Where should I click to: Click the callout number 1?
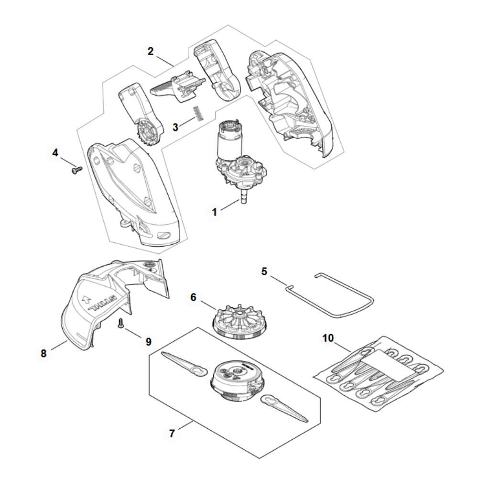pos(215,212)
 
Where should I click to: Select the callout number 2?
pos(150,51)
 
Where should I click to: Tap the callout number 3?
pos(175,127)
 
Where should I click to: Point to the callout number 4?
pos(55,153)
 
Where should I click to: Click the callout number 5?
pos(264,271)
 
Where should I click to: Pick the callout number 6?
pos(193,297)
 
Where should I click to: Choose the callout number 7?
pos(172,433)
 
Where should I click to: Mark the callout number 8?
pos(43,353)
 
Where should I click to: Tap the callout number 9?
pos(149,342)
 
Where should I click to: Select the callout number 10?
pos(328,338)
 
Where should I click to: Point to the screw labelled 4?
pos(77,170)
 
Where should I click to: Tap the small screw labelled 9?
pos(120,323)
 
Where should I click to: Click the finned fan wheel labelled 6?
pos(237,321)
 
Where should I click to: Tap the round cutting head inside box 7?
pos(236,381)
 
